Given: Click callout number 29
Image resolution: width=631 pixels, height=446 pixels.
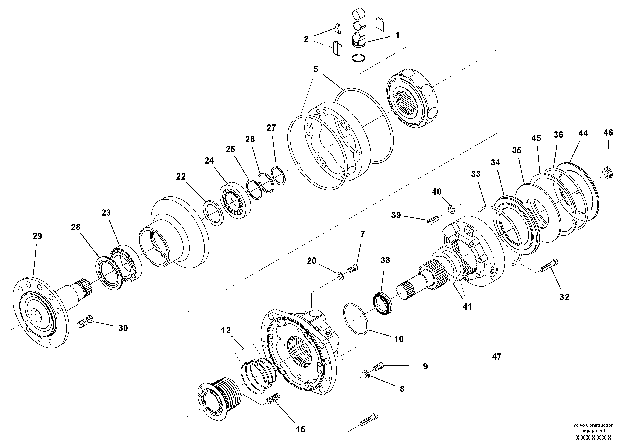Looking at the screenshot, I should click(x=37, y=236).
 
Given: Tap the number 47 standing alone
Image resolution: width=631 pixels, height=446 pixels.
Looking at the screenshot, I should click(x=497, y=357).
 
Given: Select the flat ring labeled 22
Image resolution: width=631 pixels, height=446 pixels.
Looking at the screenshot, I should click(x=213, y=213).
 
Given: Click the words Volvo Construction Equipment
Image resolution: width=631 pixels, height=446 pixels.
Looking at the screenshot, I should click(x=593, y=428).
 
